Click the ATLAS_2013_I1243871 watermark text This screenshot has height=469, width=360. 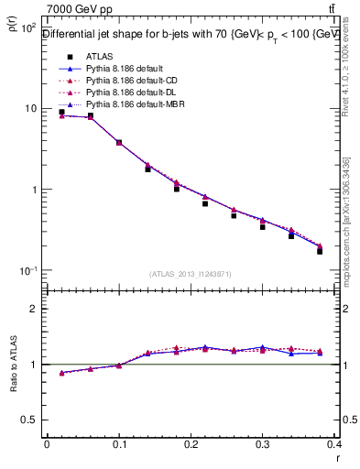191,275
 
